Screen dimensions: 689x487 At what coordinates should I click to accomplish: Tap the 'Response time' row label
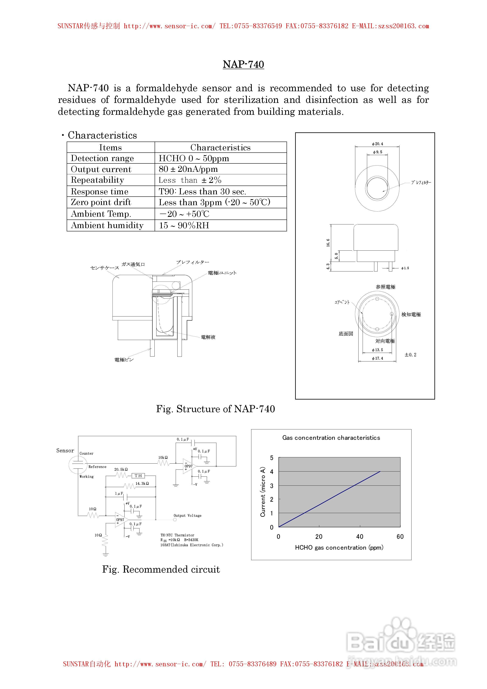point(99,191)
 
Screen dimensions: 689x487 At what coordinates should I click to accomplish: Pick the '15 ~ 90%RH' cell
point(184,225)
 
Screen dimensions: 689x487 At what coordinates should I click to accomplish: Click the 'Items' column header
point(110,147)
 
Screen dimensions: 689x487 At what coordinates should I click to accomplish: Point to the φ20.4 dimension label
point(378,144)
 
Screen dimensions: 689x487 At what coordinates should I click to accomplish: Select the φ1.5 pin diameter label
point(405,268)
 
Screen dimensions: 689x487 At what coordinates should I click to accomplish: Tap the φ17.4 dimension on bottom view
point(378,358)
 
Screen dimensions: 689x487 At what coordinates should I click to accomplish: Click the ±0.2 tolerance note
point(411,355)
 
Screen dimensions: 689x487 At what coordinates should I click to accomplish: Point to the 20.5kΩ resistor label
point(121,469)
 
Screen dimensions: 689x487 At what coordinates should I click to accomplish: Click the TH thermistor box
point(138,476)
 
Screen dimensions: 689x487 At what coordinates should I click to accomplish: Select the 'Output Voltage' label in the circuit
point(188,516)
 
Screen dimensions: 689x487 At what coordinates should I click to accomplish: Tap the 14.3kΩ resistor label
point(142,483)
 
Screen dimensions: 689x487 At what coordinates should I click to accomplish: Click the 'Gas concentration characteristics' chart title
point(331,438)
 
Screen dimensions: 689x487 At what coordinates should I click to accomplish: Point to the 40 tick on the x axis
point(360,537)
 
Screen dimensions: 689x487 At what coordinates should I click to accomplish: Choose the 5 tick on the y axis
point(272,458)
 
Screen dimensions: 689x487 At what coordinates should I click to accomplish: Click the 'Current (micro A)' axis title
point(263,492)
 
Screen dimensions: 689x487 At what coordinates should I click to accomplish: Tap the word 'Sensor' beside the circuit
point(65,450)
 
